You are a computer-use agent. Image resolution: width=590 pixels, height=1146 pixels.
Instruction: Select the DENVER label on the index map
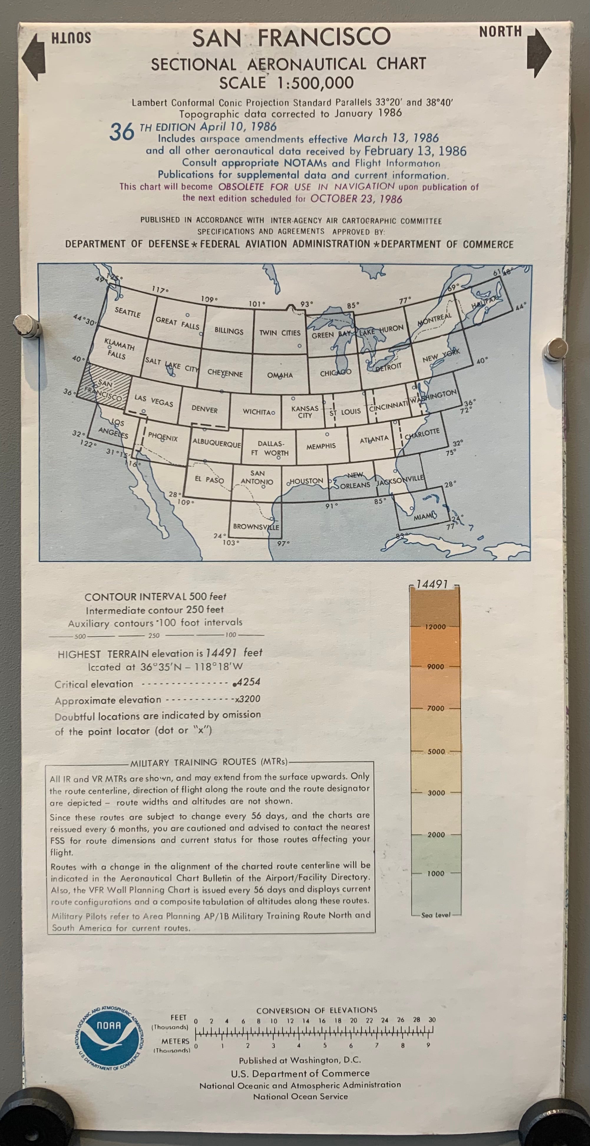pos(204,409)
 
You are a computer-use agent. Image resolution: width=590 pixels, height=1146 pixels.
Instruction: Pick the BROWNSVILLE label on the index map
pos(256,527)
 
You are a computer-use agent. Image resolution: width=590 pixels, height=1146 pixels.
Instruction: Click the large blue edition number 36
pos(122,132)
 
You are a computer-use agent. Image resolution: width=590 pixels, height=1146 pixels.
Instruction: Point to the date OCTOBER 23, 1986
pos(356,198)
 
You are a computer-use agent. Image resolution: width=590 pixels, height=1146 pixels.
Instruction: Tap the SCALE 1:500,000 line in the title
pos(286,83)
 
